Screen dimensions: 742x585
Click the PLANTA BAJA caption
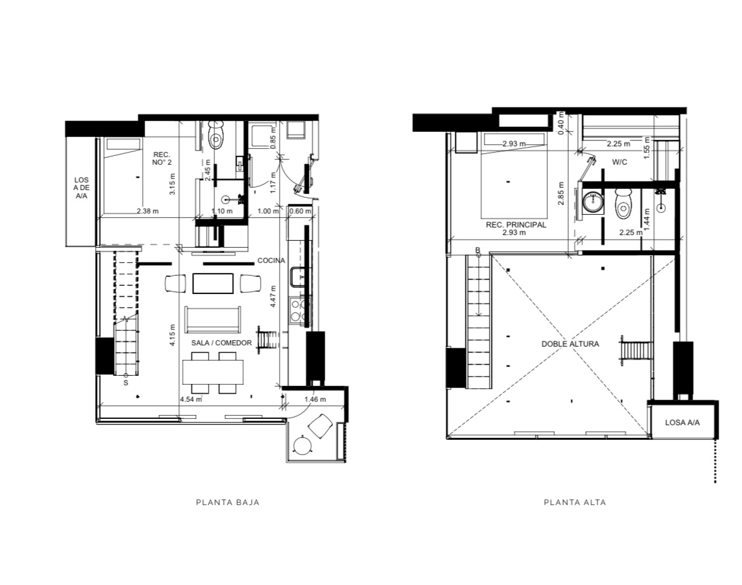pyautogui.click(x=228, y=502)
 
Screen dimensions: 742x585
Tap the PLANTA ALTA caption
pyautogui.click(x=575, y=502)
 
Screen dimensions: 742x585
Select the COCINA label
pyautogui.click(x=271, y=260)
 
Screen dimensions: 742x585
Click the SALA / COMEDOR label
pyautogui.click(x=221, y=343)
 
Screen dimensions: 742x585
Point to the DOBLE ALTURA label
pyautogui.click(x=570, y=344)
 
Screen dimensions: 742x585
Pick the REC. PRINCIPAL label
pyautogui.click(x=516, y=225)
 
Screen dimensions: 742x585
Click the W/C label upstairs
pyautogui.click(x=620, y=162)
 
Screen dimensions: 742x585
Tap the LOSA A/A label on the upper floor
pyautogui.click(x=682, y=422)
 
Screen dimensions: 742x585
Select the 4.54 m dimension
pyautogui.click(x=191, y=400)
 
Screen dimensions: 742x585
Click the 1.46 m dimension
pyautogui.click(x=315, y=400)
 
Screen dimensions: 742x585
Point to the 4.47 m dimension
pyautogui.click(x=273, y=297)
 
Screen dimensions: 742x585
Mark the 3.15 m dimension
pyautogui.click(x=172, y=184)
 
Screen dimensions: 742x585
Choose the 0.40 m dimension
pyautogui.click(x=561, y=123)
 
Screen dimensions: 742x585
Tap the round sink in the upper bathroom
pyautogui.click(x=592, y=203)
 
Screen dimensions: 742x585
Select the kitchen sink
pyautogui.click(x=298, y=277)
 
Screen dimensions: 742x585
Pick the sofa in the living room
pyautogui.click(x=212, y=319)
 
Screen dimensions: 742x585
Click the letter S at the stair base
pyautogui.click(x=126, y=383)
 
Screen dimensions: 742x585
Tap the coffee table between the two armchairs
pyautogui.click(x=213, y=283)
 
